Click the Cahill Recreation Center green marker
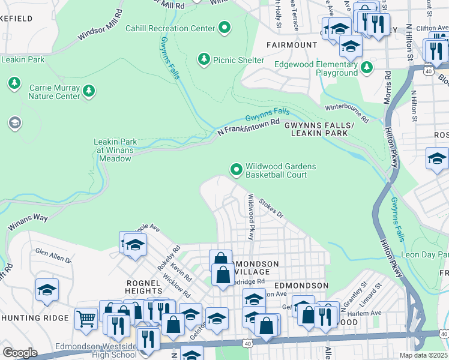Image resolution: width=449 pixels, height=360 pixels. coord(224,28)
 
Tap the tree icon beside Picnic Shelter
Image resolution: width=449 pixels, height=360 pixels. coord(204,59)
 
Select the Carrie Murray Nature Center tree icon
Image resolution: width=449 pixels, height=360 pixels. coord(89,91)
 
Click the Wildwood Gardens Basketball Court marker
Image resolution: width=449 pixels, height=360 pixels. coord(236,170)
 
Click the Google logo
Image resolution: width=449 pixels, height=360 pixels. coord(20,353)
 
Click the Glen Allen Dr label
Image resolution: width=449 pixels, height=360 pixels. coord(53,256)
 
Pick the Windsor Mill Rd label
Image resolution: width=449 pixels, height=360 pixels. coord(101,32)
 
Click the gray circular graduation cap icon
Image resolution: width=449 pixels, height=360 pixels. coord(14,123)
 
